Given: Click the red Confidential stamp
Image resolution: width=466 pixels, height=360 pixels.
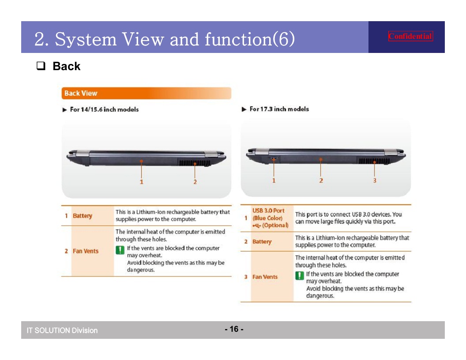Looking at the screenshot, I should click(x=410, y=36).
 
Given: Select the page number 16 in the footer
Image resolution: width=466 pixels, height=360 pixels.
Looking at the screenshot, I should click(x=234, y=329).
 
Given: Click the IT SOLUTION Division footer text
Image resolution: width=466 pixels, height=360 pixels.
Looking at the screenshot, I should click(x=62, y=330).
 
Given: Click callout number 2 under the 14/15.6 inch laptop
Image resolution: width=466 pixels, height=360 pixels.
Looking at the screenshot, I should click(x=195, y=182).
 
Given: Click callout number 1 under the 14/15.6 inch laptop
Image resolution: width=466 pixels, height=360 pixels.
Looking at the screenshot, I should click(x=141, y=182).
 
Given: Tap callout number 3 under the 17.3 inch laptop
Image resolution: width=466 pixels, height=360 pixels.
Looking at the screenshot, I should click(x=375, y=180).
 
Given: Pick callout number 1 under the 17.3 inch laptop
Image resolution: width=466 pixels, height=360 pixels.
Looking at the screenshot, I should click(x=274, y=180).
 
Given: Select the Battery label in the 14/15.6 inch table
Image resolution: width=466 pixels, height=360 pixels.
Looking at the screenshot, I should click(x=83, y=216).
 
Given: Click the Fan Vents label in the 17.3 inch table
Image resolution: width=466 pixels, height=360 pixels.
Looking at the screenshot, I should click(x=265, y=277).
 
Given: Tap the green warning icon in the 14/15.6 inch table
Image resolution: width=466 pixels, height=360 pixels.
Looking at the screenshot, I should click(x=120, y=250).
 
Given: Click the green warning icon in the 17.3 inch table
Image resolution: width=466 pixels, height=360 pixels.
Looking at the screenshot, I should click(x=300, y=276).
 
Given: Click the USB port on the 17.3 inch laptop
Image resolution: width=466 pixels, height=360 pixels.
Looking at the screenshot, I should click(x=274, y=158).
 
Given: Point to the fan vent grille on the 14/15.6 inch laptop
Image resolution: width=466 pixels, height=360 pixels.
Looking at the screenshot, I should click(x=194, y=163).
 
